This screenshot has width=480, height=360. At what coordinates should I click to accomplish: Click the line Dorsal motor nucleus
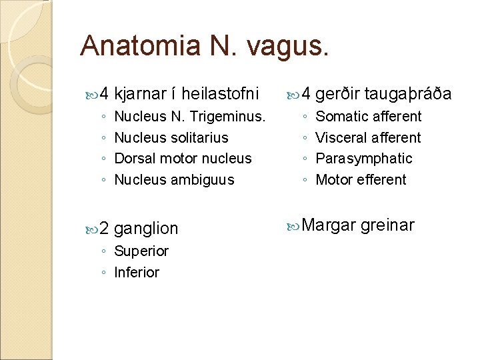pos(183,159)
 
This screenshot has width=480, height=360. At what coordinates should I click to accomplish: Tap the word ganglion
pos(146,229)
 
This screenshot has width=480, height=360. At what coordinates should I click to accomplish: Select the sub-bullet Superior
pos(141,251)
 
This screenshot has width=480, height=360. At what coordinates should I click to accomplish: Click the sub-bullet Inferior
pos(137,273)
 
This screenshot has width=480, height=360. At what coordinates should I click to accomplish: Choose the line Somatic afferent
pos(368,117)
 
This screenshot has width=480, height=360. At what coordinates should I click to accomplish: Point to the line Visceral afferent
pos(368,138)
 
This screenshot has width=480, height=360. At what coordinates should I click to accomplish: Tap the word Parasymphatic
pos(364,159)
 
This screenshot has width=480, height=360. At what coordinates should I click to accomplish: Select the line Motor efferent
pos(361,180)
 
